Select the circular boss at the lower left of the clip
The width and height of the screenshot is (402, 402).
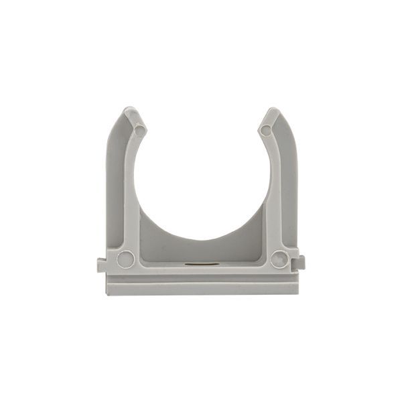125,259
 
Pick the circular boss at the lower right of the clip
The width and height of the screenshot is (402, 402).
279,259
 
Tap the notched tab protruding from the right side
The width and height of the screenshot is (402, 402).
301,263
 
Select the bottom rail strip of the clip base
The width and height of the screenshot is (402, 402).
201,288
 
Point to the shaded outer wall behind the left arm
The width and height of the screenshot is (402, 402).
115,181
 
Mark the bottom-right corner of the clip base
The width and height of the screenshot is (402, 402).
297,293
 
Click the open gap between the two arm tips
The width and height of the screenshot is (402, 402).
202,124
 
